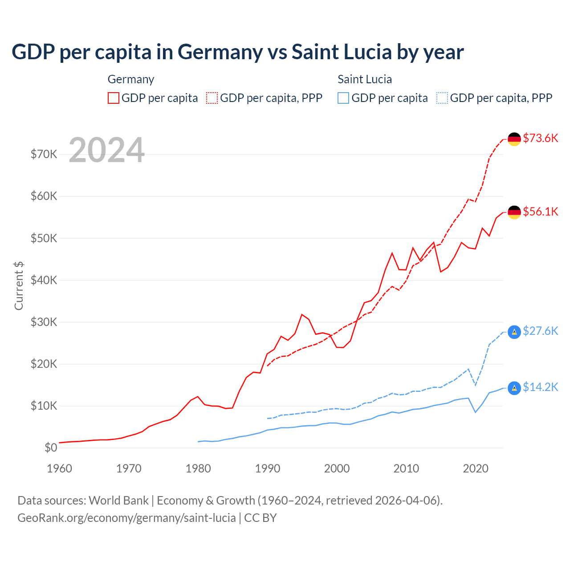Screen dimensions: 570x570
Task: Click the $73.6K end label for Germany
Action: [x=540, y=138]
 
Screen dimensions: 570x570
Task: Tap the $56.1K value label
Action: [x=540, y=212]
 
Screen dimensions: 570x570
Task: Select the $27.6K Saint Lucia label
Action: [x=540, y=331]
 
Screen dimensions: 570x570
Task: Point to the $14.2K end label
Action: [x=540, y=387]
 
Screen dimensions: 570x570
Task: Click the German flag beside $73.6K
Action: [x=514, y=139]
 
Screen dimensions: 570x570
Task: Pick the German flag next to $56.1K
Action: [x=514, y=212]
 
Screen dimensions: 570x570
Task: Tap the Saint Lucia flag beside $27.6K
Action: [x=514, y=332]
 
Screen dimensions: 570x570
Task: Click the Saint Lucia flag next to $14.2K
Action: [x=514, y=388]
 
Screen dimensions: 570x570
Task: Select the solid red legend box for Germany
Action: [x=114, y=98]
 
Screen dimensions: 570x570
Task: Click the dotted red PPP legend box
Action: [x=212, y=98]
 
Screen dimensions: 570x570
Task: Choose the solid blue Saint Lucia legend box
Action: [x=343, y=98]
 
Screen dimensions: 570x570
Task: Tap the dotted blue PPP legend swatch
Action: [x=442, y=98]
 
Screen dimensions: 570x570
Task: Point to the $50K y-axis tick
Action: [x=44, y=238]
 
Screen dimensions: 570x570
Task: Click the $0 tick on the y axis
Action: [x=51, y=448]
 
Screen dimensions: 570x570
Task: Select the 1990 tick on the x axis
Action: [x=268, y=468]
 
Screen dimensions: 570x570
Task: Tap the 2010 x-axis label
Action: [x=406, y=468]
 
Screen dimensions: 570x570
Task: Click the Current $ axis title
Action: [x=19, y=286]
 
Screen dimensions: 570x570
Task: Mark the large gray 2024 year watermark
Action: [x=107, y=150]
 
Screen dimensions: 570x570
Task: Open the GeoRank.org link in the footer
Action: [x=126, y=518]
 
